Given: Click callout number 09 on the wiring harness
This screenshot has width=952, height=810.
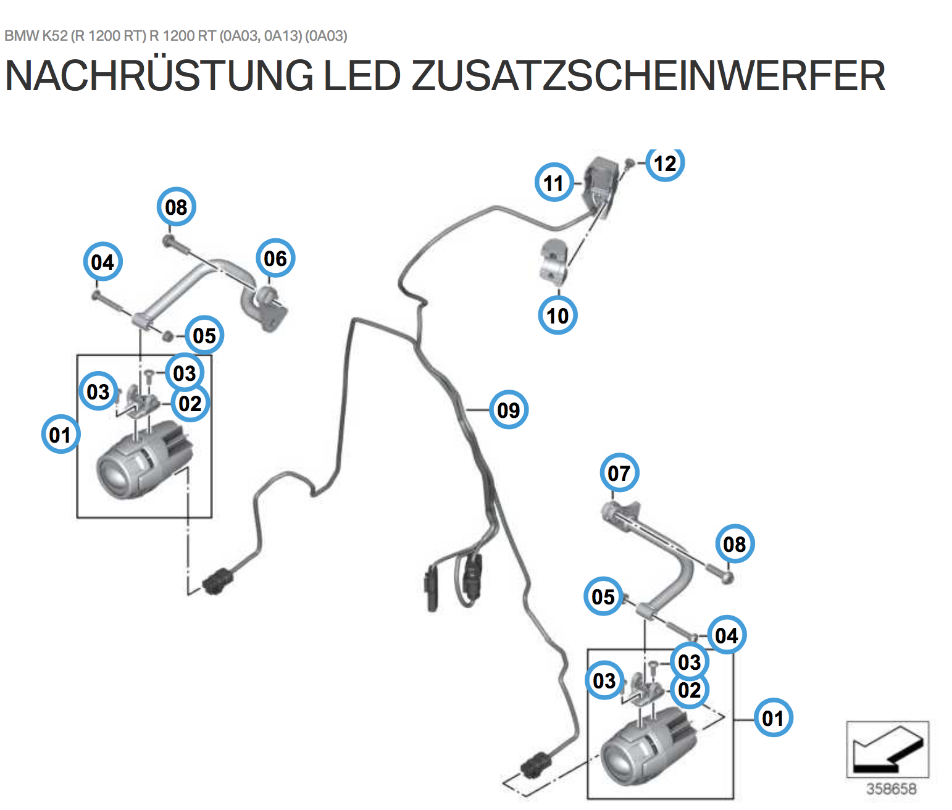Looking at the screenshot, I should click(508, 409).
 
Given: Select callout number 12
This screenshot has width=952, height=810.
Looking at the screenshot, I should click(665, 164).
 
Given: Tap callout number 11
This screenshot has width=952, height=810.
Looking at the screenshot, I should click(554, 183).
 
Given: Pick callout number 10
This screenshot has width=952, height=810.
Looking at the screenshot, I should click(557, 315).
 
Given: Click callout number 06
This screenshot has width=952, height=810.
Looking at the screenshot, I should click(275, 258).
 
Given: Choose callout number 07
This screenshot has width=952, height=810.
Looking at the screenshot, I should click(619, 473).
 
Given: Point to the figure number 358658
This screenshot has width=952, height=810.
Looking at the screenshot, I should click(891, 788).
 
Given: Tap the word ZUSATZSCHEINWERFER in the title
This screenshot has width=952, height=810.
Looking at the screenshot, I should click(648, 76).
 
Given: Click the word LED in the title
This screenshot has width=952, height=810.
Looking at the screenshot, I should click(362, 76).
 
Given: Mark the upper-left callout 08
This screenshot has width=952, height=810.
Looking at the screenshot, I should click(176, 207).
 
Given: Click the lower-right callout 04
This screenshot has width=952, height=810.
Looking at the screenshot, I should click(726, 635).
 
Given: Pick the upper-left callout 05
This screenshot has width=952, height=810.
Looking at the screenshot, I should click(204, 335).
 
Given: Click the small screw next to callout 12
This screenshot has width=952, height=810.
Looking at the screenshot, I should click(629, 162).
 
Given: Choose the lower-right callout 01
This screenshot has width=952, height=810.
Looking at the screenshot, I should click(773, 718).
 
